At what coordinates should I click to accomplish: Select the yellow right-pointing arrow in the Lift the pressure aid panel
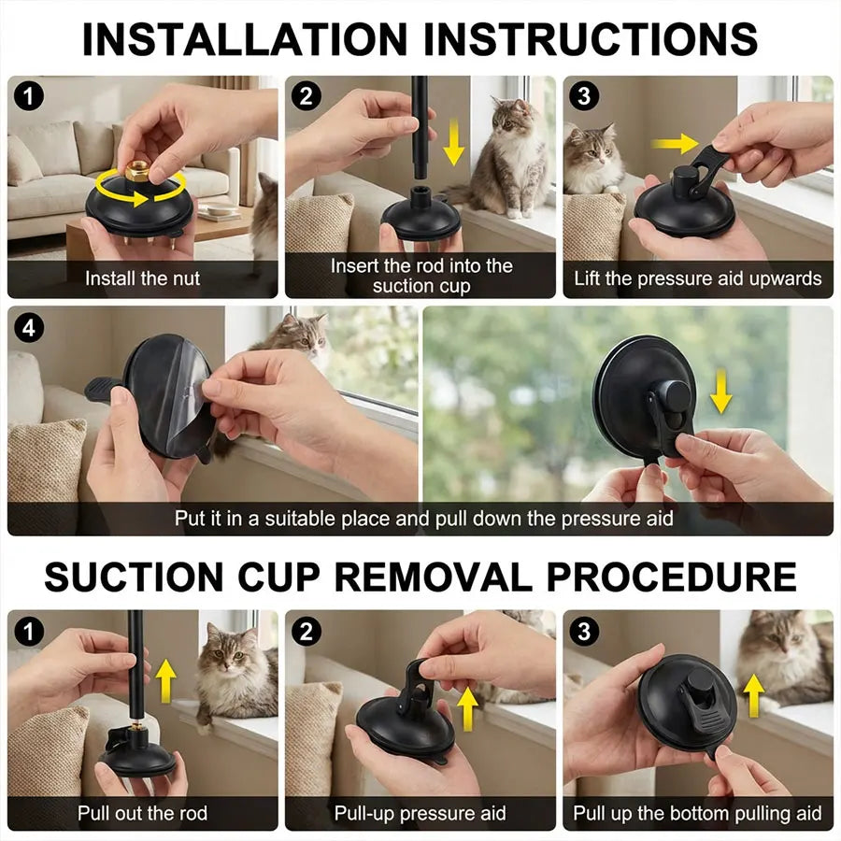tap(675, 144)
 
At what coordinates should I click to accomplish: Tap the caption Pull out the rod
tap(142, 813)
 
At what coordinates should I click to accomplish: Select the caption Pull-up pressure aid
tap(420, 813)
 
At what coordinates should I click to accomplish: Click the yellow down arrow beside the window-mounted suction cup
tap(720, 391)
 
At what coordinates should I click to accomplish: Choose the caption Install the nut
tap(142, 278)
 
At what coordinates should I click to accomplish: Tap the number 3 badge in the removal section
tap(585, 633)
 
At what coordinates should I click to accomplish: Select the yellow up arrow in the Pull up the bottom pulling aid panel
tap(751, 696)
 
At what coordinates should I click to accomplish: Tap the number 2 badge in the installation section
tap(306, 96)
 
